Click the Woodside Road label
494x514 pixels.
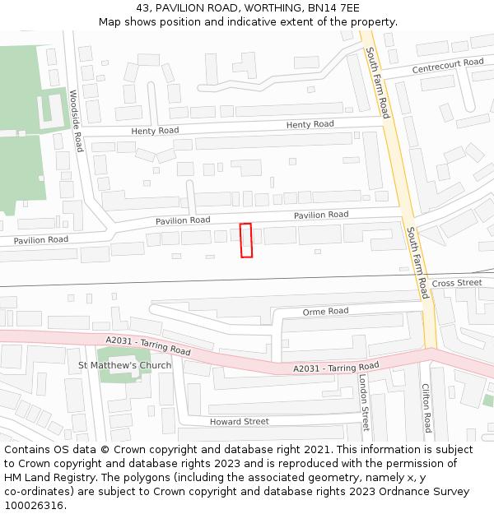click(77, 120)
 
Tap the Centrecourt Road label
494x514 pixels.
click(448, 66)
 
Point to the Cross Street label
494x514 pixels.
click(457, 283)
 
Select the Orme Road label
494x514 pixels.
click(325, 312)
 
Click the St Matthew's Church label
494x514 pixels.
click(124, 365)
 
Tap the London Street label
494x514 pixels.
click(363, 402)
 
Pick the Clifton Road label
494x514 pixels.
click(426, 408)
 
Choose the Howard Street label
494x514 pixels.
click(239, 422)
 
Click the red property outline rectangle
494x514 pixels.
click(246, 240)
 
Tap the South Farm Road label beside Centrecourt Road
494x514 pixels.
click(379, 82)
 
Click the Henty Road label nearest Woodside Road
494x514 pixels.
click(155, 131)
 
